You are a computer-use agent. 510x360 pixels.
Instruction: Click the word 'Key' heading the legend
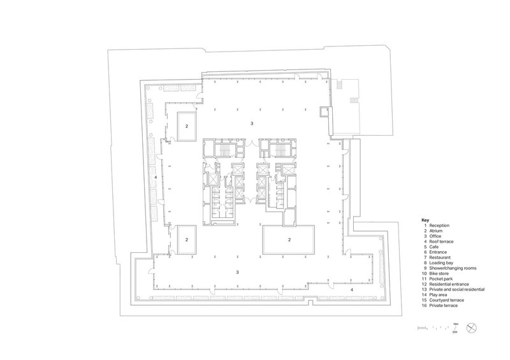[x=425, y=220]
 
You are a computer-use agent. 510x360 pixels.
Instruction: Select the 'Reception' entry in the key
[x=441, y=226]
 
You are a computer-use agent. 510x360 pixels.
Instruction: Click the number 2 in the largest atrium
[x=289, y=240]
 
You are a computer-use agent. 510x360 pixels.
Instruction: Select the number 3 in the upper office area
[x=252, y=122]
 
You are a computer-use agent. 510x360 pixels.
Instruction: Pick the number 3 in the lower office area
[x=238, y=272]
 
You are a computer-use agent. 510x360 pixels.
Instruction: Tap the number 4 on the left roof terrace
[x=156, y=177]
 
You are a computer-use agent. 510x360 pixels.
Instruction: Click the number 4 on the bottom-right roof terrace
[x=351, y=289]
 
